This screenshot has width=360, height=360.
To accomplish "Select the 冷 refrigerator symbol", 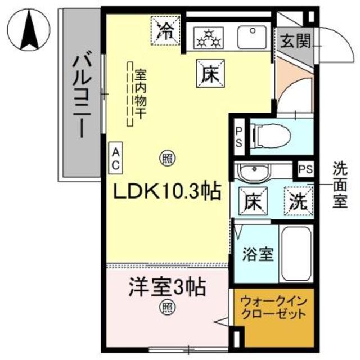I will (x=165, y=31).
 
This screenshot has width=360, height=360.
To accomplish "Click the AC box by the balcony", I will (x=114, y=157).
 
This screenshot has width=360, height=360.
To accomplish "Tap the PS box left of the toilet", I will (x=239, y=137).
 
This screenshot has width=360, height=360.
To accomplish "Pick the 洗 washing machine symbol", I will (x=298, y=201).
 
